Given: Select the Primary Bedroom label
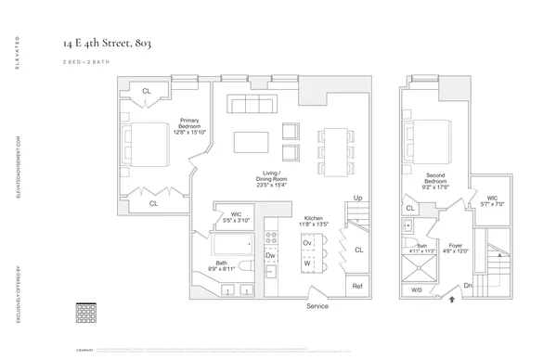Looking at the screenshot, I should click(x=193, y=125).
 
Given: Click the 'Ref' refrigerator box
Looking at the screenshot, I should click(x=357, y=287).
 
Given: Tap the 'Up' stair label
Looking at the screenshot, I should click(x=356, y=199).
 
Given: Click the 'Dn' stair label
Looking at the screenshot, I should click(x=470, y=286).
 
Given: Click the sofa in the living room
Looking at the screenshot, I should click(x=252, y=103).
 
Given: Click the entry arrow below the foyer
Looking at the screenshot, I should click(x=452, y=300).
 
